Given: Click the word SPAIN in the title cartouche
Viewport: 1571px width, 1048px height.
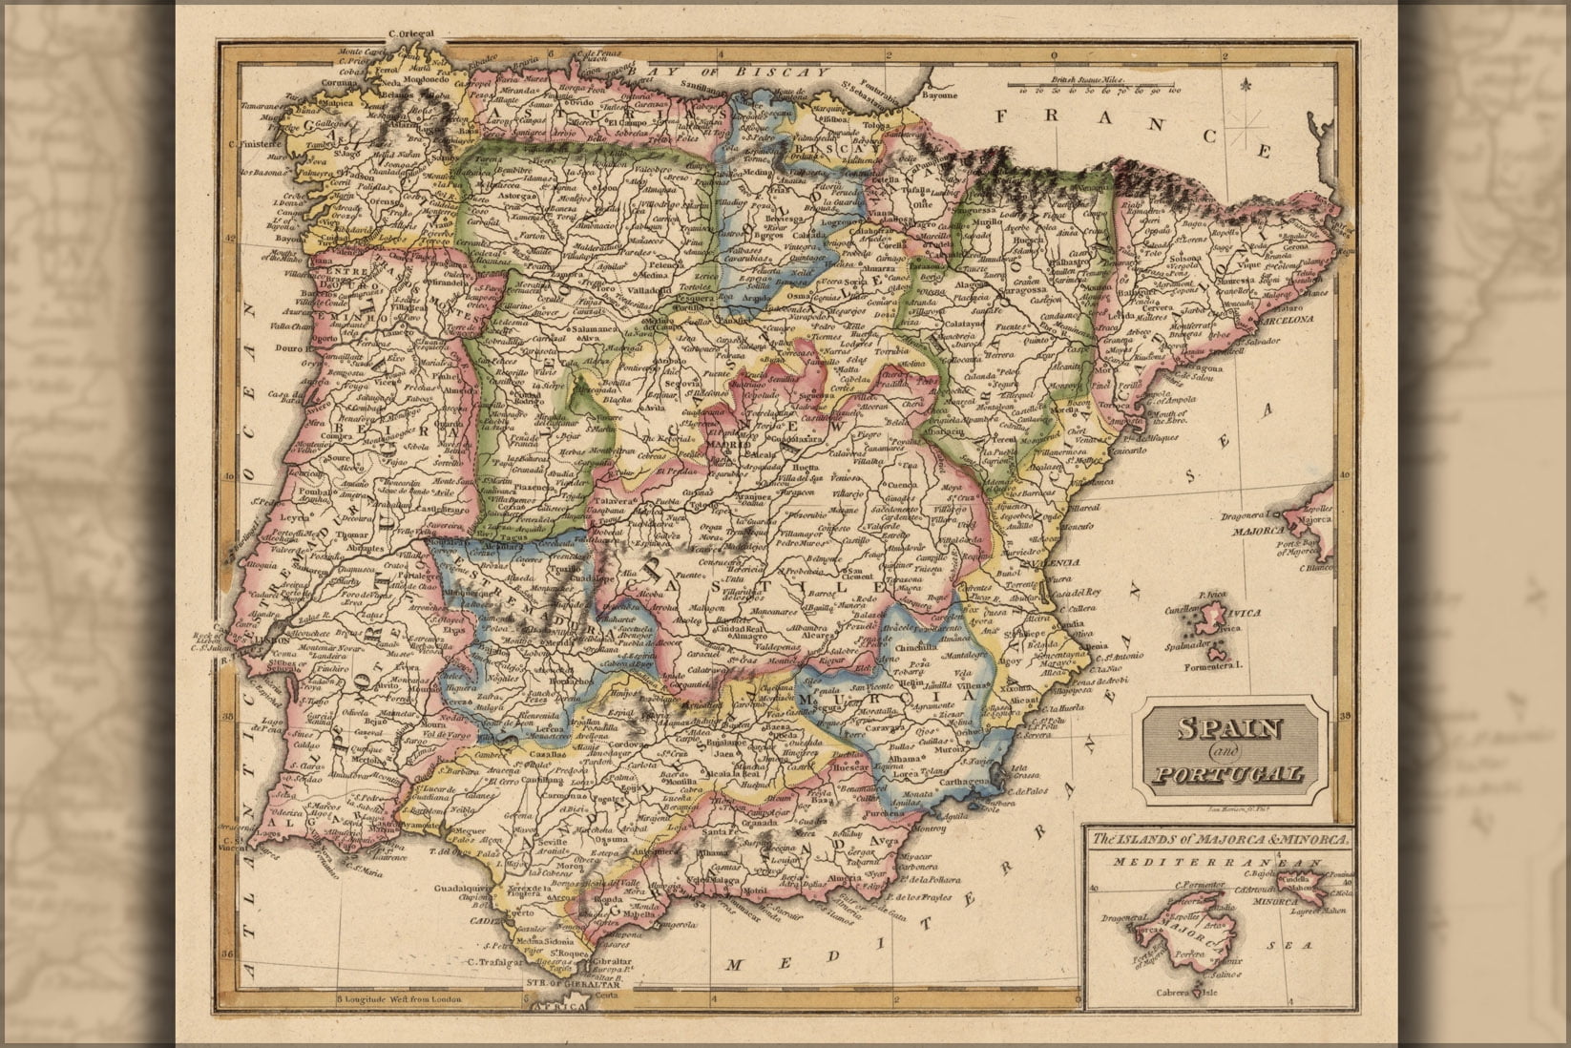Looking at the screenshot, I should tap(1228, 728).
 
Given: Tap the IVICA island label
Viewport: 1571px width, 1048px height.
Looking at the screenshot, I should tap(1245, 614).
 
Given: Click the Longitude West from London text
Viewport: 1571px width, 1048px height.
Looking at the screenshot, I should tap(401, 999).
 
